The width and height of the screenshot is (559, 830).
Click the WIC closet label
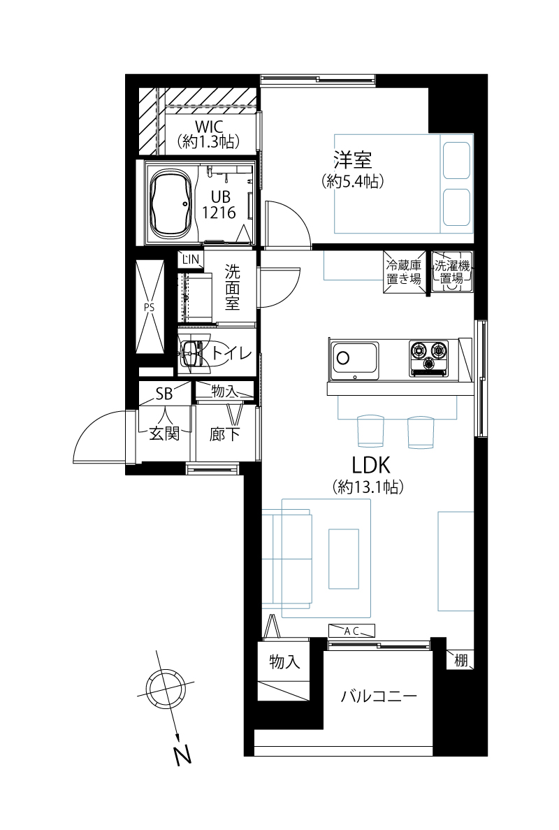(x=210, y=127)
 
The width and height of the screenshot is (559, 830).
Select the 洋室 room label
(x=352, y=160)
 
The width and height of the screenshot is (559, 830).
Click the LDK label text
(x=371, y=465)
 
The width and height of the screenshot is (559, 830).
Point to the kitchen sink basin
(x=354, y=361)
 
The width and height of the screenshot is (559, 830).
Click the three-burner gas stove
(x=428, y=358)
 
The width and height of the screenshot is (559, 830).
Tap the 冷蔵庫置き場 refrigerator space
(x=403, y=271)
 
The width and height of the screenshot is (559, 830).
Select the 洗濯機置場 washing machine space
(x=451, y=271)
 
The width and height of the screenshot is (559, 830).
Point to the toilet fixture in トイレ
(x=192, y=352)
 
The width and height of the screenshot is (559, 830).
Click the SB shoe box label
(x=164, y=394)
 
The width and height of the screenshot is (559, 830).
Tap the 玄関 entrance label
(x=164, y=434)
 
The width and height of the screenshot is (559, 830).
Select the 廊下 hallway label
(x=225, y=435)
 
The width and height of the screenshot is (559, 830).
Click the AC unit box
(x=351, y=631)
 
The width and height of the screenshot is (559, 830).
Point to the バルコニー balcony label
(x=379, y=695)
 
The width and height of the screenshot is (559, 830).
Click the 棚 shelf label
(x=461, y=660)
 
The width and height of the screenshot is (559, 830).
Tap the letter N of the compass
(x=182, y=755)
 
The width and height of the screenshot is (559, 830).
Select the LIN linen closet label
(x=191, y=259)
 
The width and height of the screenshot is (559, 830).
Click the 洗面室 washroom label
(x=232, y=287)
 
